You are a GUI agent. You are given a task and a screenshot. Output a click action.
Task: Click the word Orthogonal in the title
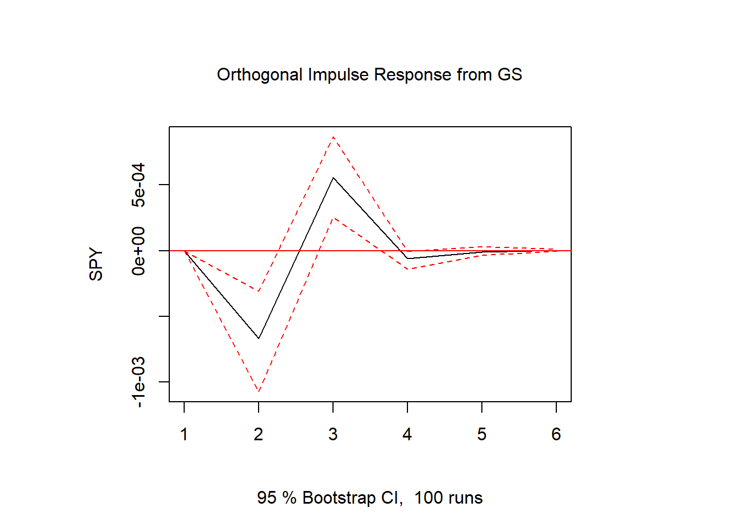[x=260, y=75]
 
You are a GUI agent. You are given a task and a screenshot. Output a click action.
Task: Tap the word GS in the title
[x=509, y=74]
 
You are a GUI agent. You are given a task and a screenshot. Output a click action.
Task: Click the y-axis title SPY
[x=96, y=264]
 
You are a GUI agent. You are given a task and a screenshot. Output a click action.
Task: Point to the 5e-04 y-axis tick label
[x=138, y=185]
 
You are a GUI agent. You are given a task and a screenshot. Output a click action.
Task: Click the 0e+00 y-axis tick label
[x=138, y=251]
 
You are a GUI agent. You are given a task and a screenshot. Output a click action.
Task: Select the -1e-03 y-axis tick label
[x=138, y=382]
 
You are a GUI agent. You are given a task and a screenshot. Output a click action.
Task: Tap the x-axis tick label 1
[x=184, y=435]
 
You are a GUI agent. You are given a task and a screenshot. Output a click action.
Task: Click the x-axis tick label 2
[x=259, y=435]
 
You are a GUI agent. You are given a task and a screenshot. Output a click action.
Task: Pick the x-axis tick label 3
[x=333, y=435]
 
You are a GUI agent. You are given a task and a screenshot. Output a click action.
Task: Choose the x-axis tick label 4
[x=407, y=435]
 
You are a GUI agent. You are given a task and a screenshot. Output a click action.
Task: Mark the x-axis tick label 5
[x=482, y=435]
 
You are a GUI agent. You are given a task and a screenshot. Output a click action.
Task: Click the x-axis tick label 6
[x=556, y=435]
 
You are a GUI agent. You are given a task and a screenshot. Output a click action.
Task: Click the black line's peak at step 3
[x=333, y=178]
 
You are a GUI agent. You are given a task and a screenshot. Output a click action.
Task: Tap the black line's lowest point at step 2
[x=259, y=338]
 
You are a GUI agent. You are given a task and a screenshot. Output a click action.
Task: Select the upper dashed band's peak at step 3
[x=333, y=137]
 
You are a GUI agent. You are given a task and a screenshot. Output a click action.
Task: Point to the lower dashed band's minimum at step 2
[x=259, y=392]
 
